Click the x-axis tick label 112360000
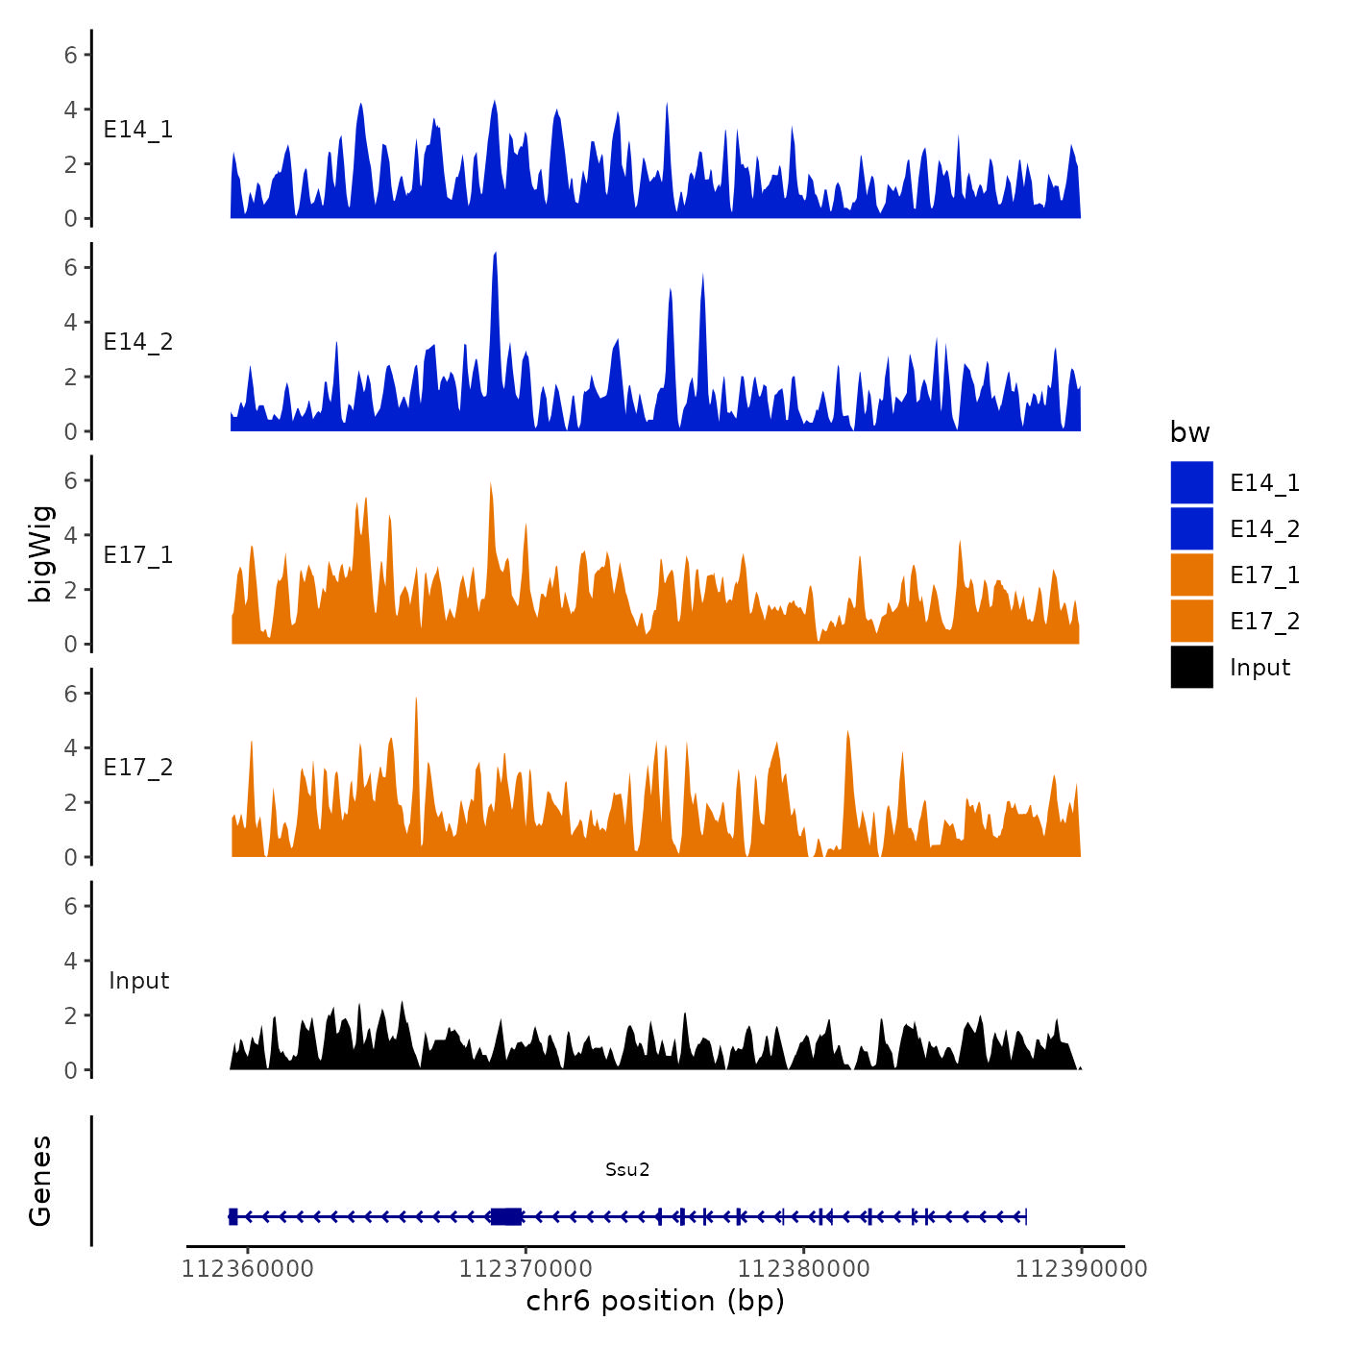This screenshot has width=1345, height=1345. (x=248, y=1269)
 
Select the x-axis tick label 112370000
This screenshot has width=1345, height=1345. (x=526, y=1269)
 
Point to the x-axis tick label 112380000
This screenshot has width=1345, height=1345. (x=804, y=1269)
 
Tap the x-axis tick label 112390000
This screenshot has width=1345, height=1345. (x=1082, y=1269)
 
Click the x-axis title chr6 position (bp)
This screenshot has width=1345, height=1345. (x=655, y=1301)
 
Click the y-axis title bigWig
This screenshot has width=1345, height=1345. (x=40, y=554)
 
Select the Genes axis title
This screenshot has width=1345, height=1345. (x=40, y=1181)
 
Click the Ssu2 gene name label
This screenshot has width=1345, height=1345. (x=627, y=1169)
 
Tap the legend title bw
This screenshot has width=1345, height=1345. (x=1189, y=432)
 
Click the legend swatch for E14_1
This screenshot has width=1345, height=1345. (x=1191, y=482)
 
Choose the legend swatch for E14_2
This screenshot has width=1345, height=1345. (x=1191, y=528)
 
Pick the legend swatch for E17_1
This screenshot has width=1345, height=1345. (x=1191, y=575)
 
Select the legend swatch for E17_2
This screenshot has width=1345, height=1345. (x=1191, y=621)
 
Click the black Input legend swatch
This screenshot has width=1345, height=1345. (x=1191, y=667)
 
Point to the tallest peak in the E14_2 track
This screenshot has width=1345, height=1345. (x=495, y=254)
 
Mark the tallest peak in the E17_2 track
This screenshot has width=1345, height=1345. (x=416, y=699)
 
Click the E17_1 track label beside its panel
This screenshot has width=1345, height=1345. (x=138, y=554)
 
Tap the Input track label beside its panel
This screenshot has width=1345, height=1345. (x=138, y=980)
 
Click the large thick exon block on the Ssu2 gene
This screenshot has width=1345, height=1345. (x=506, y=1216)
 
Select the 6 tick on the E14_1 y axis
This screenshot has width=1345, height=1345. (x=71, y=55)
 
